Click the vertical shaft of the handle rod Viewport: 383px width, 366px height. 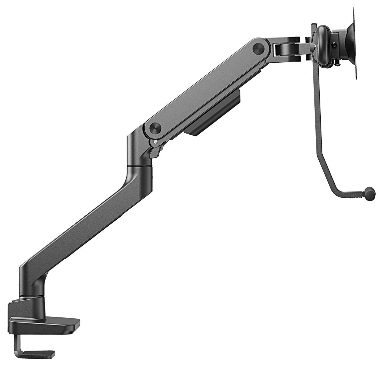click(x=316, y=111)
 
